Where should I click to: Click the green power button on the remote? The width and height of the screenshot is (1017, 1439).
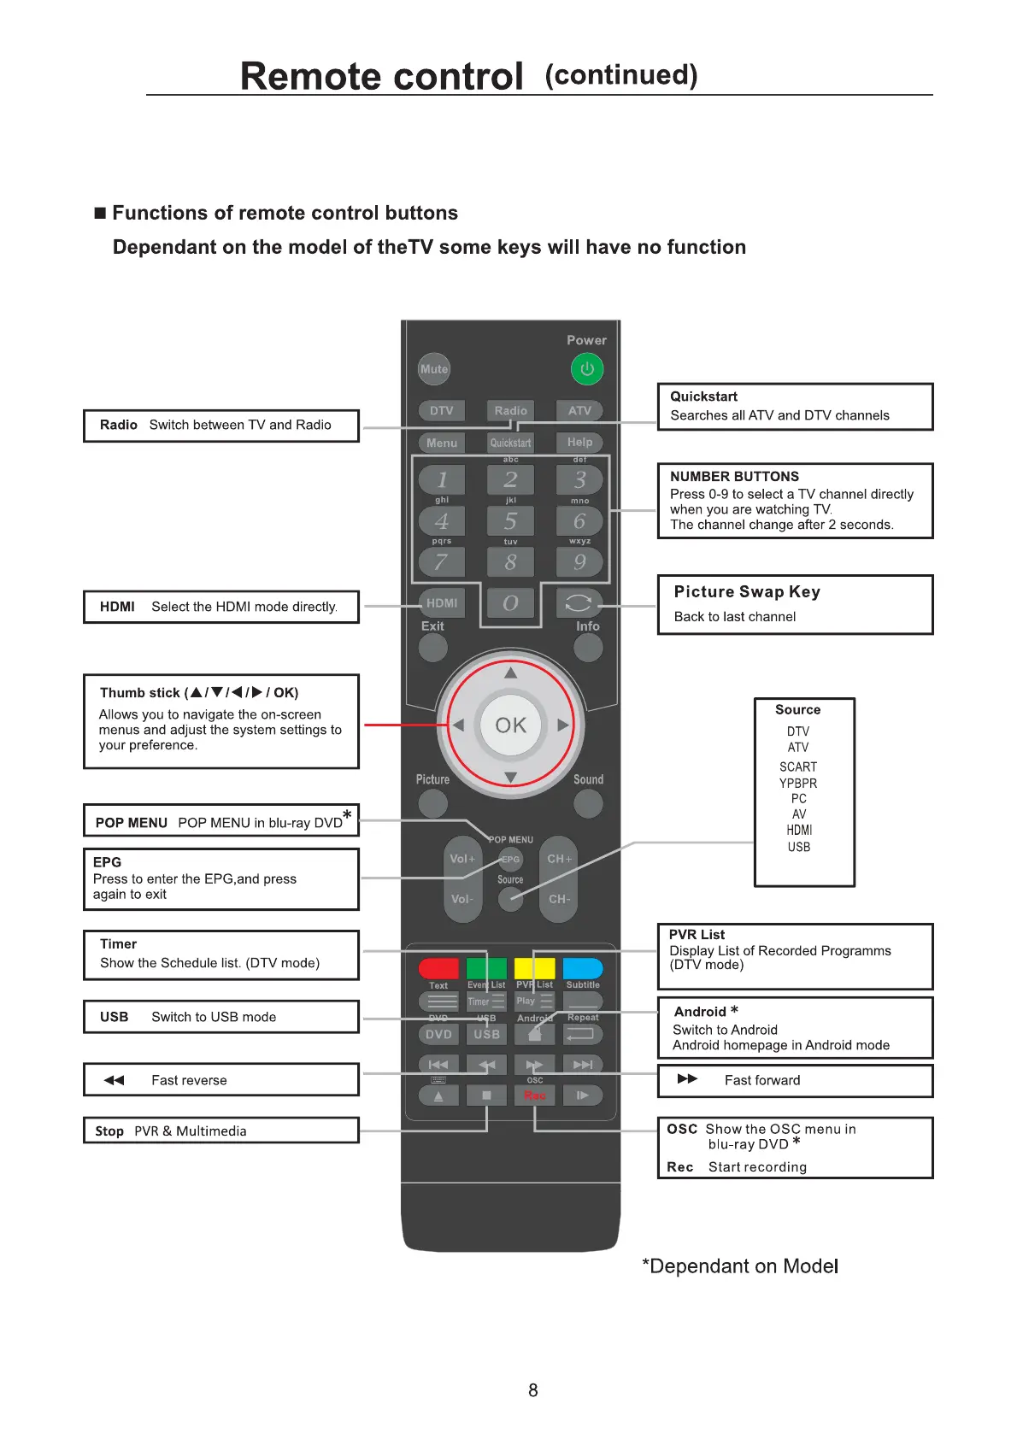(x=587, y=369)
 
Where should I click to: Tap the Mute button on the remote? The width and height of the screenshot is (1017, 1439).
(x=434, y=369)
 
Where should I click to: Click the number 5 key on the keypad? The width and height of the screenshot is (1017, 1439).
(x=510, y=521)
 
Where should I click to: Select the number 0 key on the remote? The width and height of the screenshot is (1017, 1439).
(x=510, y=603)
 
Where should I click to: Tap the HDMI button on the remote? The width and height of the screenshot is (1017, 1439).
(x=442, y=603)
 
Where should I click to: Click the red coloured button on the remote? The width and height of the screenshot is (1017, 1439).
(x=438, y=968)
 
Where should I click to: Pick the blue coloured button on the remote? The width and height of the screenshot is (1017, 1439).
(x=583, y=968)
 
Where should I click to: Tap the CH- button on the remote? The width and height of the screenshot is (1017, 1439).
(x=559, y=899)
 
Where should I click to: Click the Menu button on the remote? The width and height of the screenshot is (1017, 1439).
(x=442, y=443)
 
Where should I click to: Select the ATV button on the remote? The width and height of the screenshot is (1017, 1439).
(x=579, y=411)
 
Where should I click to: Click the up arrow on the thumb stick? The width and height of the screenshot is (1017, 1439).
(x=511, y=673)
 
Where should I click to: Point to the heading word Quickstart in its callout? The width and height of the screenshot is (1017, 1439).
(x=703, y=396)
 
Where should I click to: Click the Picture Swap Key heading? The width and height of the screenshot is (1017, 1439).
(x=747, y=592)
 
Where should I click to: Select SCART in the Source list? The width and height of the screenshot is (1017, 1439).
(x=798, y=767)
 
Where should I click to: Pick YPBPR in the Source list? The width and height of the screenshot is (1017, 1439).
(x=798, y=784)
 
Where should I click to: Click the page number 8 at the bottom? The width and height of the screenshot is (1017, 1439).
(x=533, y=1391)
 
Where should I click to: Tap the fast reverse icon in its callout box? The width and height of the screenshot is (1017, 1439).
(x=114, y=1080)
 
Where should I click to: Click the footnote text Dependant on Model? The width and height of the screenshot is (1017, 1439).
(x=742, y=1266)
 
